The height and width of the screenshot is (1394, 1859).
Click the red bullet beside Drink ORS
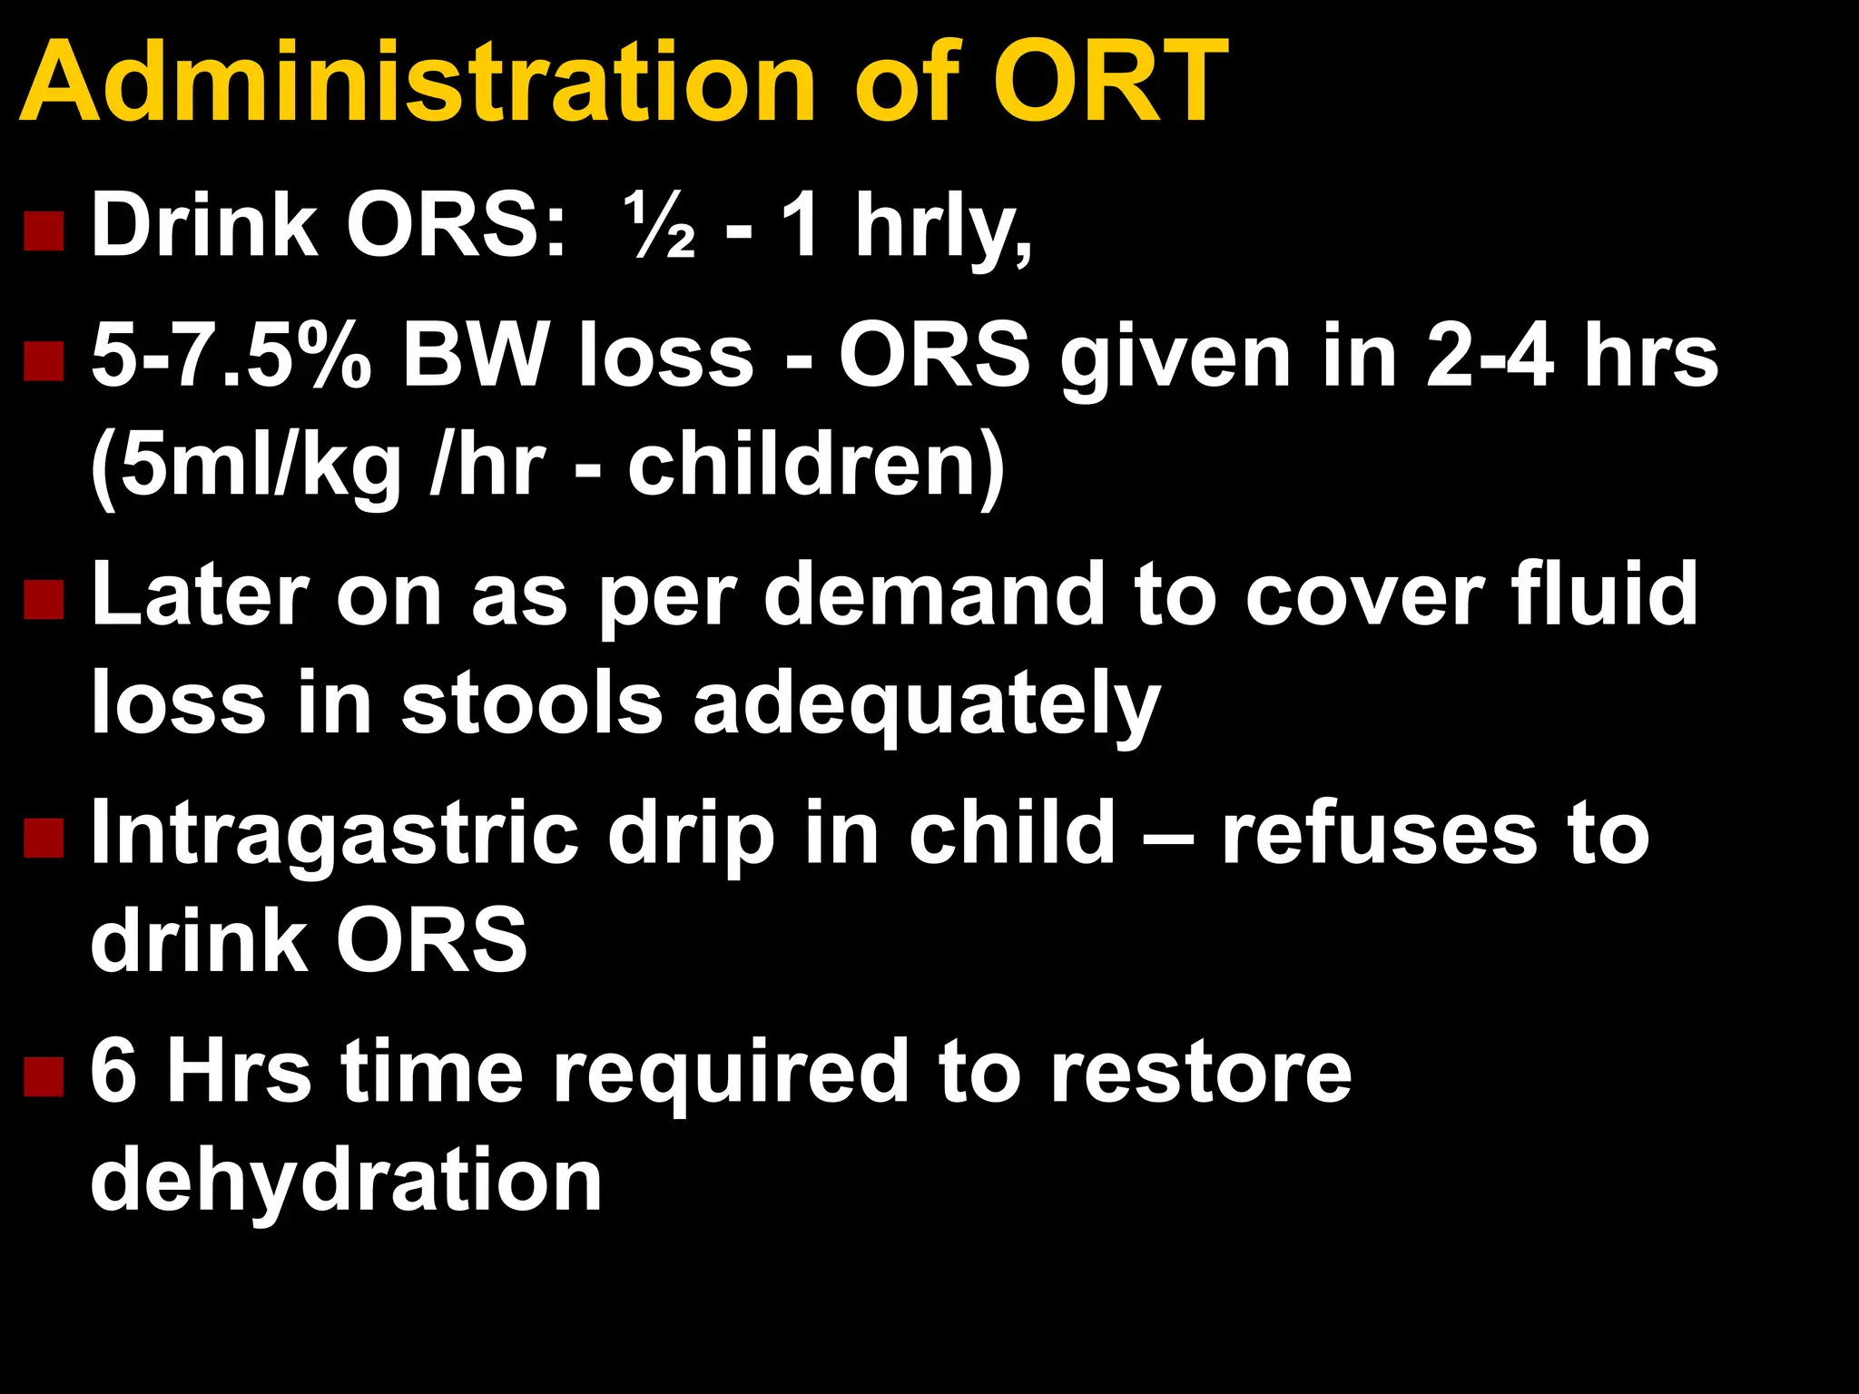[44, 231]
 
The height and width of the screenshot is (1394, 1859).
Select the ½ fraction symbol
[660, 227]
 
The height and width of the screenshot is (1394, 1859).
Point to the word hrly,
[944, 227]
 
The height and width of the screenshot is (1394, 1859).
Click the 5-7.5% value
[231, 356]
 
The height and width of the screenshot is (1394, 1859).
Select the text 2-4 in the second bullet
[1489, 356]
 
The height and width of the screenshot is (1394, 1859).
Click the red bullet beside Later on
[44, 601]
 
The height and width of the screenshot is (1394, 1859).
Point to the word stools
[532, 704]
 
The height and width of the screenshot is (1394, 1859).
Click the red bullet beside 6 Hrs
[44, 1077]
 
